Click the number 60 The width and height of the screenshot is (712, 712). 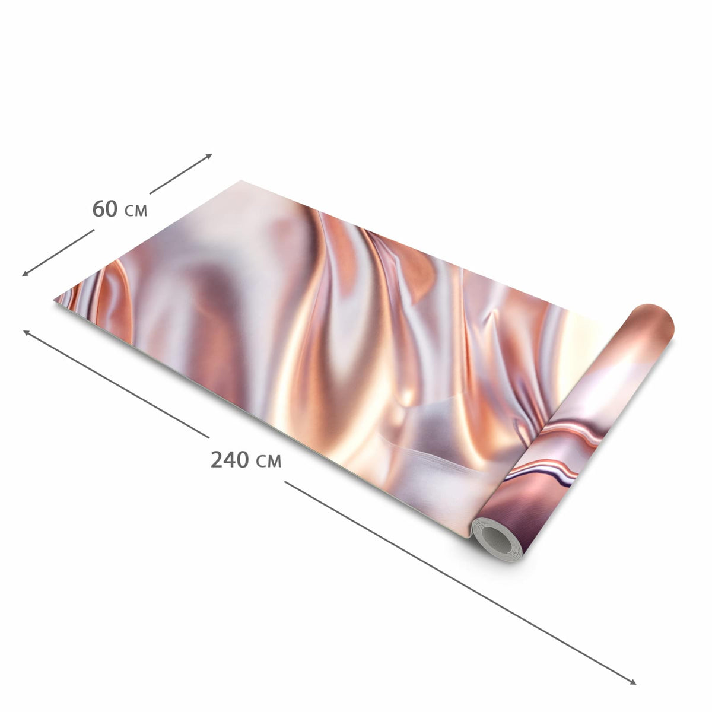coord(105,209)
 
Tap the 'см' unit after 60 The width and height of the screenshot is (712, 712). coord(136,211)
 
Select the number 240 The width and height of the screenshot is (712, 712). coord(230,460)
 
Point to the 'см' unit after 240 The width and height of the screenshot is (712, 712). coord(268,462)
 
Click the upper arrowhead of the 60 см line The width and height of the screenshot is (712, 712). coord(209,155)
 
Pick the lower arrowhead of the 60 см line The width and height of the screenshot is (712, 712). coord(25,274)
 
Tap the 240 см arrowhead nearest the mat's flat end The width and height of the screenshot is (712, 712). coord(27,332)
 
